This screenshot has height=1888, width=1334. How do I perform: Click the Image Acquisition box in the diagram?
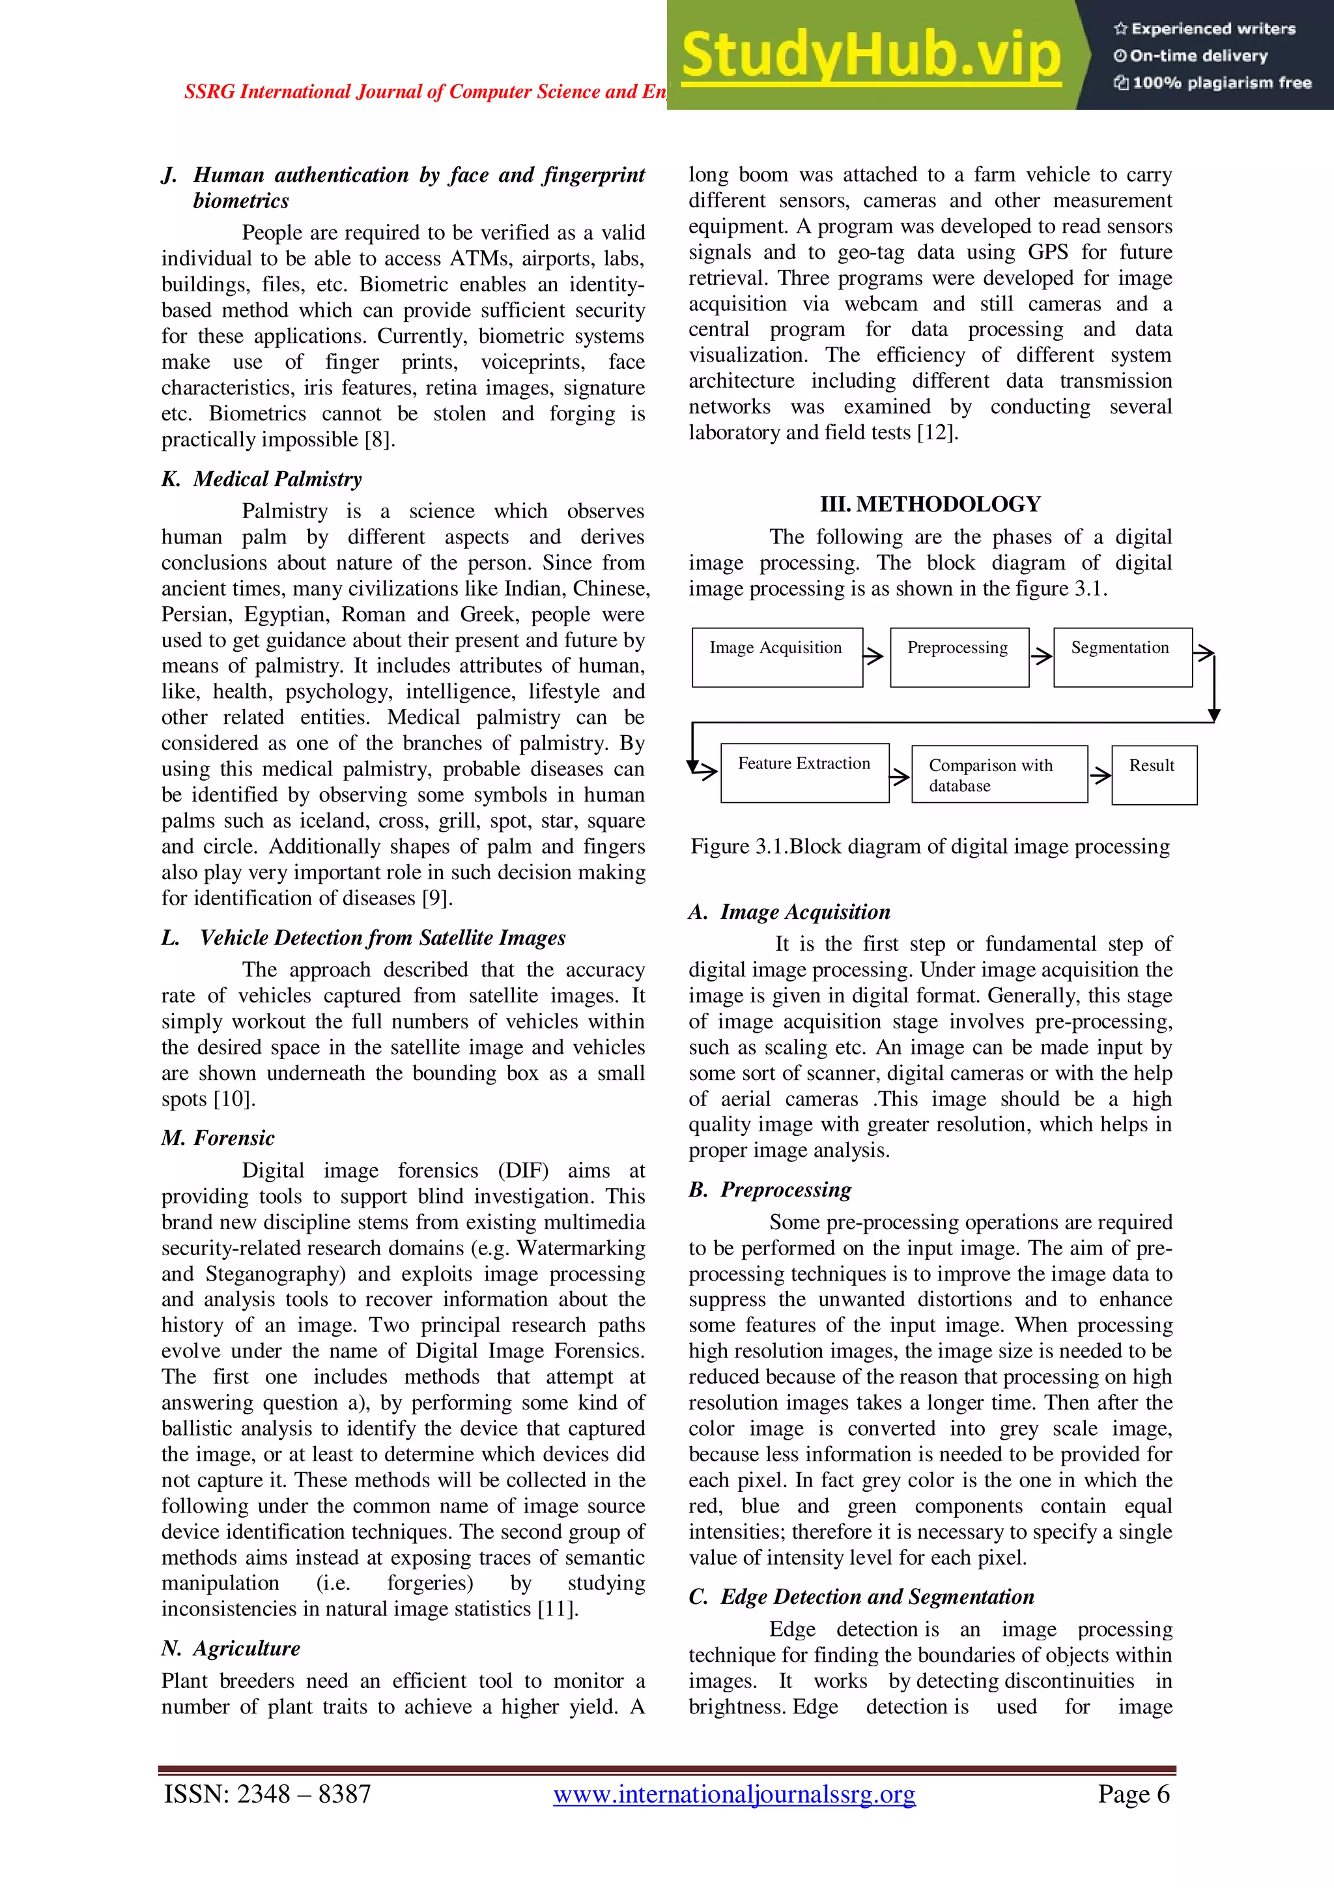(x=776, y=657)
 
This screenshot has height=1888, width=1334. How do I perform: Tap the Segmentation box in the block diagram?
(x=1122, y=657)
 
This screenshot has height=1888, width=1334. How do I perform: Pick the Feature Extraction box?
(x=804, y=773)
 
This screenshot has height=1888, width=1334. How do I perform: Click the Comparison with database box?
(x=999, y=775)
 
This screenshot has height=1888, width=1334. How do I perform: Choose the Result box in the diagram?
(x=1153, y=775)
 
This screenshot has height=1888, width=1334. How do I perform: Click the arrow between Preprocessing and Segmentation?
(x=1042, y=656)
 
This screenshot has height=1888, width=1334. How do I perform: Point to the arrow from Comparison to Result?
(x=1100, y=775)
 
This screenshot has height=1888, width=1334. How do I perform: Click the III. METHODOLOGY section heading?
(x=930, y=504)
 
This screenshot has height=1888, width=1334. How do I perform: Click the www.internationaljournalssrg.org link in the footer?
(x=734, y=1794)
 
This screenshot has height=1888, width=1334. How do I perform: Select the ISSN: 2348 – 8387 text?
(x=268, y=1794)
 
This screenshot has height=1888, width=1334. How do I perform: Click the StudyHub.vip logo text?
(x=870, y=56)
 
